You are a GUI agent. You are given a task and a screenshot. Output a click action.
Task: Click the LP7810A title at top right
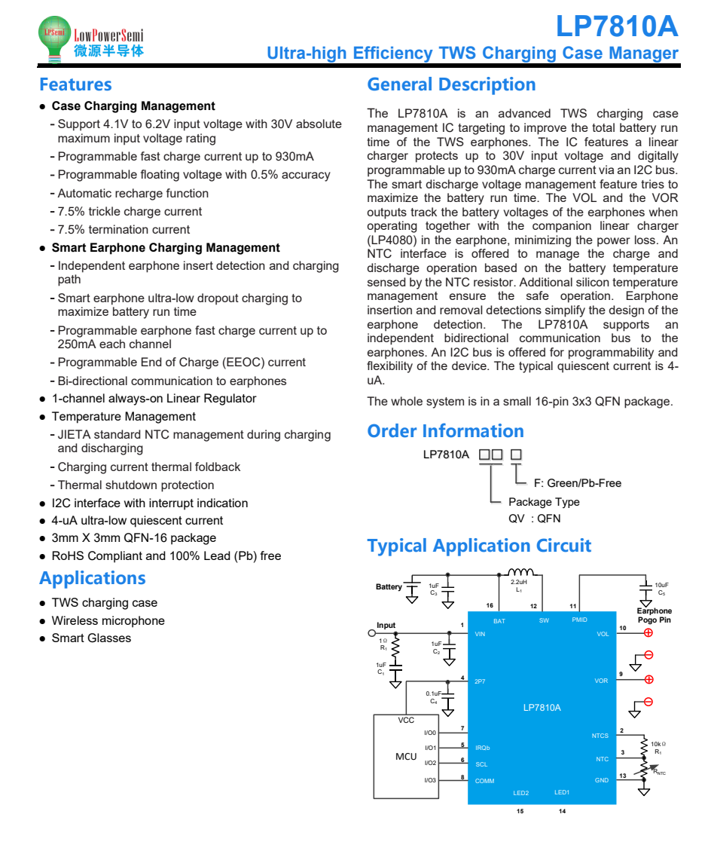[616, 27]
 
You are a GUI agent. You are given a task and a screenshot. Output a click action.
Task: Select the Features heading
[75, 84]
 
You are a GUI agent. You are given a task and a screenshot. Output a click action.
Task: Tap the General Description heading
[451, 84]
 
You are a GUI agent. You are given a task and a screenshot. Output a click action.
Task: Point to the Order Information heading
[445, 431]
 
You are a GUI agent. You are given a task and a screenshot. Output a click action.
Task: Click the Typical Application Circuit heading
[479, 546]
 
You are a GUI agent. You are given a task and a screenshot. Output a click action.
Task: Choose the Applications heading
[92, 578]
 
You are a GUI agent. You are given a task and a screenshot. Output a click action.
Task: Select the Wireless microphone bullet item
[108, 621]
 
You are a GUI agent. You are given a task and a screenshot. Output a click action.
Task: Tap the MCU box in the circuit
[406, 756]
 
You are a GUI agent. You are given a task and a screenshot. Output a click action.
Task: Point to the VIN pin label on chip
[481, 634]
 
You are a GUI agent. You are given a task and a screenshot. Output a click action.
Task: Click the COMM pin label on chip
[484, 781]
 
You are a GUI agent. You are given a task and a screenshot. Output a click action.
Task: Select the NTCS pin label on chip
[600, 736]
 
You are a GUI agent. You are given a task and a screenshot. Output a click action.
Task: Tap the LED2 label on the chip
[520, 793]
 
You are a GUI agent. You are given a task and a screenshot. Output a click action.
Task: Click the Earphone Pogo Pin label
[653, 616]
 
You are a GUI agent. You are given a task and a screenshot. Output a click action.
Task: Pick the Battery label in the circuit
[389, 587]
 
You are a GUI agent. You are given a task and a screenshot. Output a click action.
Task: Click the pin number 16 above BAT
[490, 606]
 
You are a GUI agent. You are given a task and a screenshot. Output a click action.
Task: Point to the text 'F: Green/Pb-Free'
[577, 483]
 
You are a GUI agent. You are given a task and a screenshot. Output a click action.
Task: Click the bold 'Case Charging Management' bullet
[133, 106]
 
